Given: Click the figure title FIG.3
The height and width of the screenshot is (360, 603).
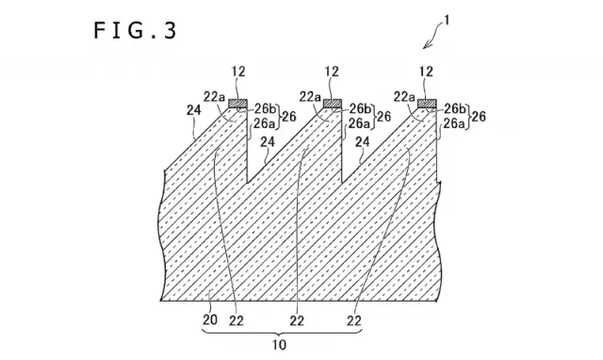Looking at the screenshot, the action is pos(135,30).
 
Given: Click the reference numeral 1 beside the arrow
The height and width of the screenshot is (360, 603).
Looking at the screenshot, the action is pos(446,20).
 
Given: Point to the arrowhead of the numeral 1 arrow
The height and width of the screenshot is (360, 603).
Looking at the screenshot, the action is pos(425,46).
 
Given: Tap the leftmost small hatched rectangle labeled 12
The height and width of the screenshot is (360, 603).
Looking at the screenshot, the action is pos(238,104).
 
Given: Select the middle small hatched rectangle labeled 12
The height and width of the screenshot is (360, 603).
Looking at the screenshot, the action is pos(333,104).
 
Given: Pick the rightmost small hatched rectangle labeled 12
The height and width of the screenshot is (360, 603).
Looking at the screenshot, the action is pos(427,104).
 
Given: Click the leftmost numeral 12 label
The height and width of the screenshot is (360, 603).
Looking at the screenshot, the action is pos(238,72).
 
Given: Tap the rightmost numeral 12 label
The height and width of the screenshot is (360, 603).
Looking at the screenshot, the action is pos(426,72).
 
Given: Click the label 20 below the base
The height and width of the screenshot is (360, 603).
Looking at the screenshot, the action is pos(210,319).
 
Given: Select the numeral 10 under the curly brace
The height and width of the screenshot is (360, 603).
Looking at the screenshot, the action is pos(280,345).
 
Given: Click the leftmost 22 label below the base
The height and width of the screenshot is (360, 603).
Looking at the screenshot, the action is pos(236,320).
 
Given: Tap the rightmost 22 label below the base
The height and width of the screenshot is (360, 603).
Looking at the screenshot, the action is pos(354,320).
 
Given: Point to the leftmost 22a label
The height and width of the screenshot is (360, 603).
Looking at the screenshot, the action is pos(214,97).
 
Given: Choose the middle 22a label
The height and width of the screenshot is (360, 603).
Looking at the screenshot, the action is pos(310,97).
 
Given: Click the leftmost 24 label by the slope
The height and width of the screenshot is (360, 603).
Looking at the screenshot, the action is pos(194,110).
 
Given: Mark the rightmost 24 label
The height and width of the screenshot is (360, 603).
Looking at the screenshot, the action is pos(362,142).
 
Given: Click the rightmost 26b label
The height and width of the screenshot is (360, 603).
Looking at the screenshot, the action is pos(454,109).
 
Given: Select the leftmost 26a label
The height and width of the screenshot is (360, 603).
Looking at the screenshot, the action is pos(264,123).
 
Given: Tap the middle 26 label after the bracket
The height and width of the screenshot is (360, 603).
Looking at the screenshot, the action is pos(383,116).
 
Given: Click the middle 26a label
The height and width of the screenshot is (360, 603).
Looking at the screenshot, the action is pos(359,123).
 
